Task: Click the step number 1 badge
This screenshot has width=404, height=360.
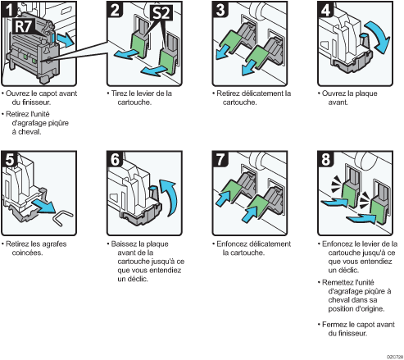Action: click(x=9, y=9)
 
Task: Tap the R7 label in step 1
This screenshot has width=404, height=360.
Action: click(x=24, y=26)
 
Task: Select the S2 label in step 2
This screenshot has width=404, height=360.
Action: click(x=161, y=12)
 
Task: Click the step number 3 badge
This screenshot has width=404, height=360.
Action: click(x=220, y=9)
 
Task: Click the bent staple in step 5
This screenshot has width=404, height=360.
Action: click(x=64, y=217)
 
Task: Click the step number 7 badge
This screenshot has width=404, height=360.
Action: click(x=220, y=159)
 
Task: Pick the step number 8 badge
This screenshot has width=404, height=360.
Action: click(x=325, y=159)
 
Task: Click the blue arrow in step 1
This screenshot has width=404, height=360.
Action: click(x=66, y=40)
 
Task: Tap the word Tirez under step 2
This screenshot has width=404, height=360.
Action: click(x=119, y=93)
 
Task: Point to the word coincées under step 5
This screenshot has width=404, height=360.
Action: click(x=27, y=253)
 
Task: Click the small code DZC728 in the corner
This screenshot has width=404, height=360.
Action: click(x=395, y=357)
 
